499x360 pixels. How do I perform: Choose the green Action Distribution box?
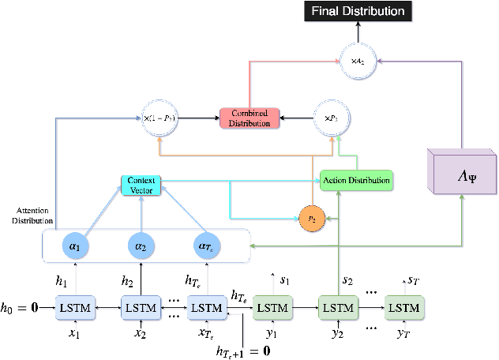(x=355, y=180)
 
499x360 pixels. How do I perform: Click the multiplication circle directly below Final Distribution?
(x=356, y=59)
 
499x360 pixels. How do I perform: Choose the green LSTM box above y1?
(x=272, y=306)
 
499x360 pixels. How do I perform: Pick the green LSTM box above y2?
(x=339, y=306)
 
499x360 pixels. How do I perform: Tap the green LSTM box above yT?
(x=404, y=306)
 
